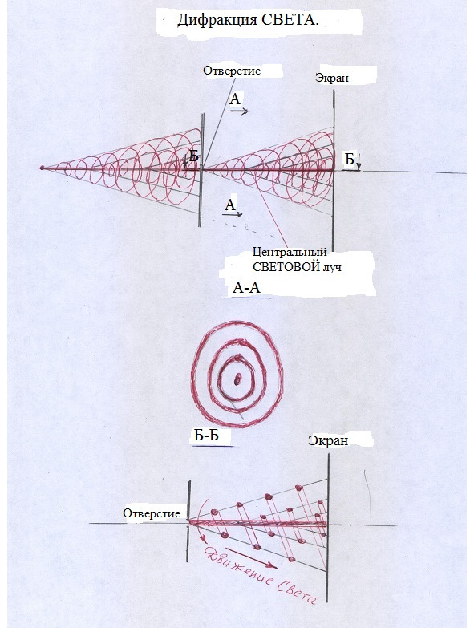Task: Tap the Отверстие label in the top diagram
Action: pyautogui.click(x=232, y=71)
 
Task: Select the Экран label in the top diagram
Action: pyautogui.click(x=332, y=78)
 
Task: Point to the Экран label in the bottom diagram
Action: pyautogui.click(x=328, y=440)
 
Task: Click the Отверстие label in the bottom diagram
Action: pyautogui.click(x=152, y=513)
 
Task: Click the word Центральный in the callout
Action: pyautogui.click(x=290, y=253)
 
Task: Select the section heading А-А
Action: pyautogui.click(x=246, y=288)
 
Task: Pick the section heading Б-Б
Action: pyautogui.click(x=206, y=436)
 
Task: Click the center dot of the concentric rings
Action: pyautogui.click(x=237, y=378)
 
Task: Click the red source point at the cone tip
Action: pyautogui.click(x=42, y=168)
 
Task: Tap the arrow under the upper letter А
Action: pyautogui.click(x=239, y=111)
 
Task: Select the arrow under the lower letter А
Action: pyautogui.click(x=233, y=214)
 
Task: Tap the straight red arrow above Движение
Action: pyautogui.click(x=251, y=557)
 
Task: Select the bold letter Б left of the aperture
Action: pyautogui.click(x=194, y=156)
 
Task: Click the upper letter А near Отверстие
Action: pyautogui.click(x=235, y=99)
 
